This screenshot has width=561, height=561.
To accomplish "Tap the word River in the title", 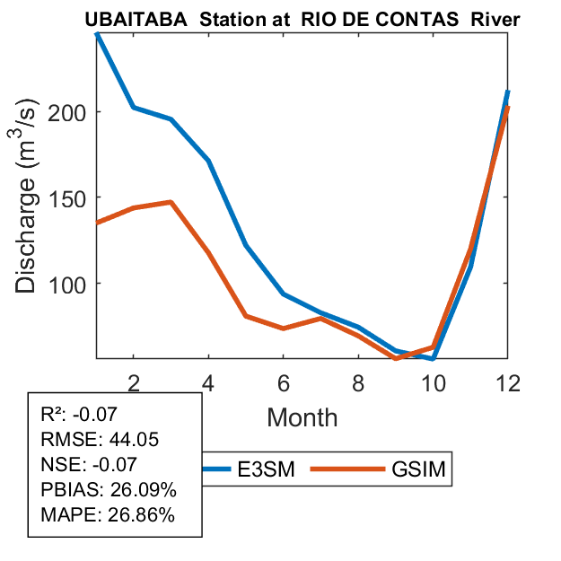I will tap(496, 19).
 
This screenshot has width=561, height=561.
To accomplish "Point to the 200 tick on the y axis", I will tap(74, 112).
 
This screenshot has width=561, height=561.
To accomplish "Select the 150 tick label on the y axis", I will tap(74, 197).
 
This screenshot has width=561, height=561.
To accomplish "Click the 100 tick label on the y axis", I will tap(74, 284).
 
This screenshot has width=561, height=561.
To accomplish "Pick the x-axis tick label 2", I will tap(134, 381).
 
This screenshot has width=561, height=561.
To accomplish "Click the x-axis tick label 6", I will tap(284, 381).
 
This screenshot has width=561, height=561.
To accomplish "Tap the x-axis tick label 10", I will tap(434, 381).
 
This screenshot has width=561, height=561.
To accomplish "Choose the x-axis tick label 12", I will tap(509, 381).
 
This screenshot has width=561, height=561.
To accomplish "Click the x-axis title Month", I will tap(302, 416).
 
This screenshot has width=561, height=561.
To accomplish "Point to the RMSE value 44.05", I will tap(118, 441).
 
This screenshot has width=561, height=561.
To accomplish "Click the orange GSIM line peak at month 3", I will tap(171, 202).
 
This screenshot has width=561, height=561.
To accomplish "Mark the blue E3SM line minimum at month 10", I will tap(433, 358).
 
